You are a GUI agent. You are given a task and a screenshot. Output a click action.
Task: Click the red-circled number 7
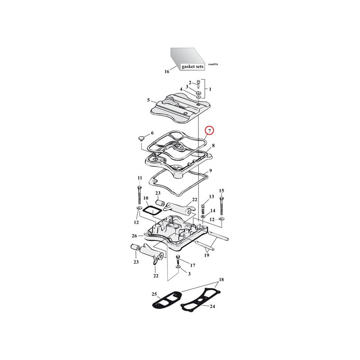tap(209, 130)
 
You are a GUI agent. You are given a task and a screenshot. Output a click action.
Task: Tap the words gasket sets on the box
tap(193, 67)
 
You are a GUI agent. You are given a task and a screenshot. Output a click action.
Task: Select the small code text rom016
tap(213, 64)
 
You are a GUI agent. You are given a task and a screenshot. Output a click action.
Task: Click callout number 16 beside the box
tap(166, 72)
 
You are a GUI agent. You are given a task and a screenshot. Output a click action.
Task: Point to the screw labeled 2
tap(198, 84)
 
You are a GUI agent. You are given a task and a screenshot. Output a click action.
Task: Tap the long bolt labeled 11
tap(139, 195)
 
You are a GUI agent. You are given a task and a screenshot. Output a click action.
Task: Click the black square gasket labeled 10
tap(148, 211)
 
